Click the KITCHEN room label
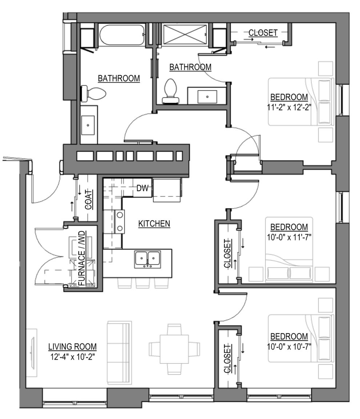(154, 223)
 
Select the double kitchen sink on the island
(148, 259)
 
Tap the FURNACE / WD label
(82, 258)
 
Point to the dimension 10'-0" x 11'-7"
(289, 237)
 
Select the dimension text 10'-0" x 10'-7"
(289, 346)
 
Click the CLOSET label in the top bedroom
(263, 33)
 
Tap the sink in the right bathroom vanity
(207, 97)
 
